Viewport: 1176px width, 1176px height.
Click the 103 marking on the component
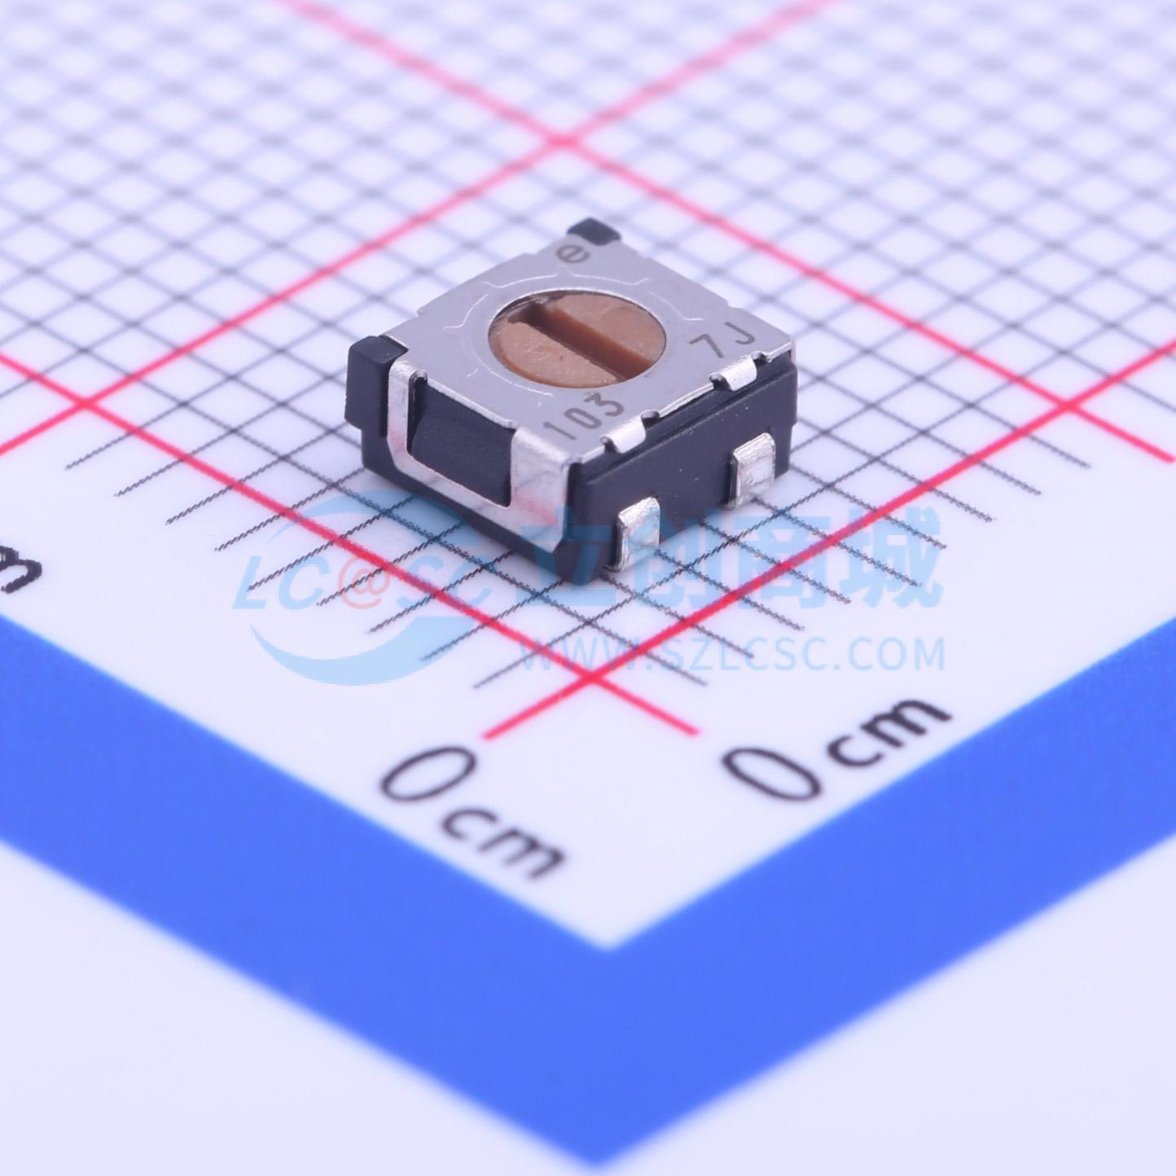point(587,410)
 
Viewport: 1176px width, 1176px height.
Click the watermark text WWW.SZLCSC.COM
point(733,654)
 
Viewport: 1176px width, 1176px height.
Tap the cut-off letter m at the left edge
point(18,574)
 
